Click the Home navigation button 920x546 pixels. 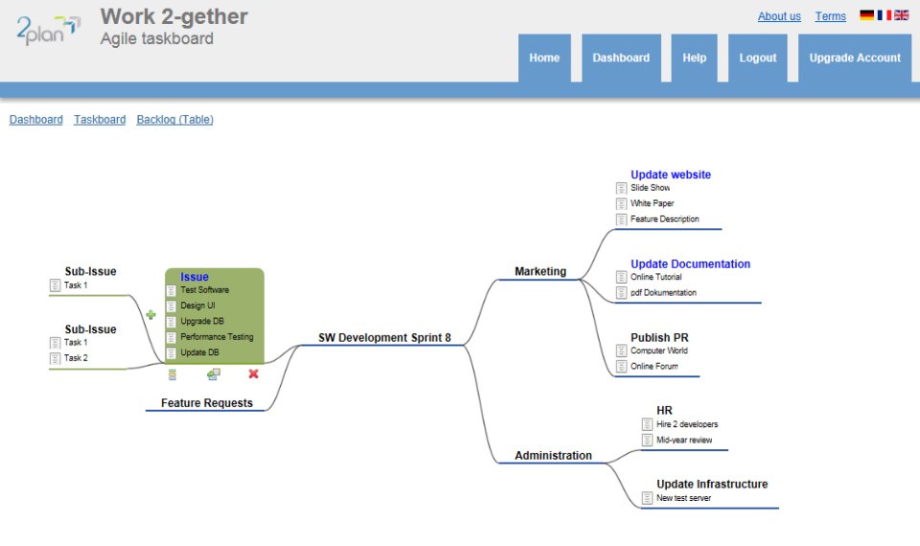tap(544, 58)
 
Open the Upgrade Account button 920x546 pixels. tap(855, 58)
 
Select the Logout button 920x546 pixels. tap(758, 58)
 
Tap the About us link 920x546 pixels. tap(779, 16)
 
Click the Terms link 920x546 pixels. tap(831, 16)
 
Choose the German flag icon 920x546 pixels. tap(867, 15)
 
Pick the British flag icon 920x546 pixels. tap(902, 15)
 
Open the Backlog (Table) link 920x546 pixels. tap(175, 120)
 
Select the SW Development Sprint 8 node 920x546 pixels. tap(384, 338)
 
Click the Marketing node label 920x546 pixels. tap(540, 271)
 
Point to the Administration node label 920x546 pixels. tap(553, 455)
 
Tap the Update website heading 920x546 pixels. tap(671, 175)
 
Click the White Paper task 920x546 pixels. tap(652, 204)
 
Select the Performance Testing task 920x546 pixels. tap(217, 337)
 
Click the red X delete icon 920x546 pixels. tap(254, 374)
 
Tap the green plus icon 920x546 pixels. tap(150, 314)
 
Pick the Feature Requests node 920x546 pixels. tap(207, 403)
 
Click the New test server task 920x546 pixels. tap(683, 498)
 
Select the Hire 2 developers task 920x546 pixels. tap(687, 424)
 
